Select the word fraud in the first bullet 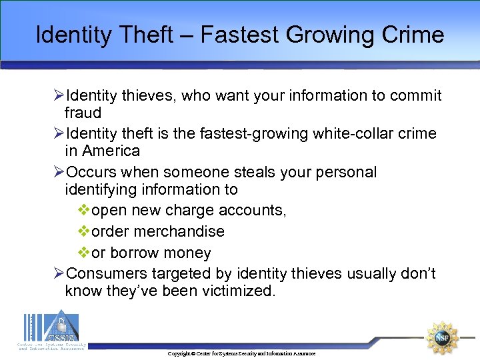[x=83, y=113]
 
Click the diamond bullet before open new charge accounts [x=84, y=211]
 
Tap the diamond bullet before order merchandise [x=84, y=231]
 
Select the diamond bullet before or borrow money [x=84, y=253]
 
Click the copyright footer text [x=241, y=353]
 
